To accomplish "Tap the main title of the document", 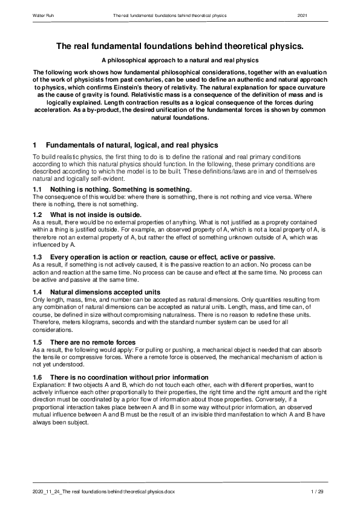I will (x=180, y=46).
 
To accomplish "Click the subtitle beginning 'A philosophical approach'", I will (x=180, y=60).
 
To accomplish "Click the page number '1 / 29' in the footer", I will (x=318, y=493).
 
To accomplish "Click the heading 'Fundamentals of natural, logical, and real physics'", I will (x=128, y=145).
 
